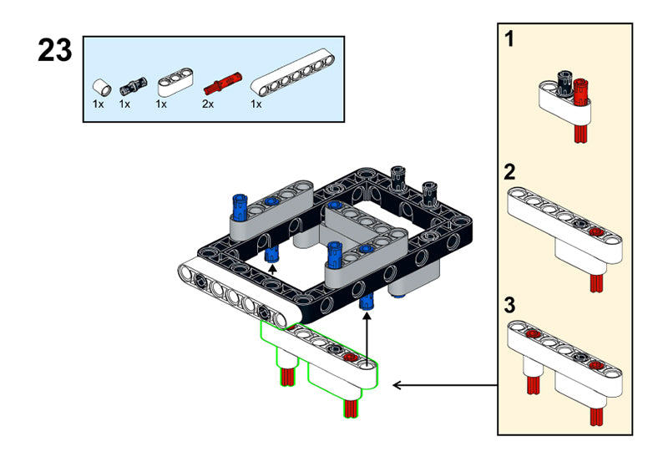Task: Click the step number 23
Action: [x=55, y=52]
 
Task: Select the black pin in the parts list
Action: [x=131, y=84]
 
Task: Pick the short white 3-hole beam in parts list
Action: [x=174, y=82]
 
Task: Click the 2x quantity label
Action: [x=207, y=104]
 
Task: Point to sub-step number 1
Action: [x=509, y=38]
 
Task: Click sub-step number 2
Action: [x=509, y=173]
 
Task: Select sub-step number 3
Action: [x=509, y=305]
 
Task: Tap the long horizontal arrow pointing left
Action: [x=443, y=385]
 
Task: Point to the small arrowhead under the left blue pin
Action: [x=271, y=269]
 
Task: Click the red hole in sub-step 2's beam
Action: [x=595, y=232]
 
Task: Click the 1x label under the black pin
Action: [x=124, y=104]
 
